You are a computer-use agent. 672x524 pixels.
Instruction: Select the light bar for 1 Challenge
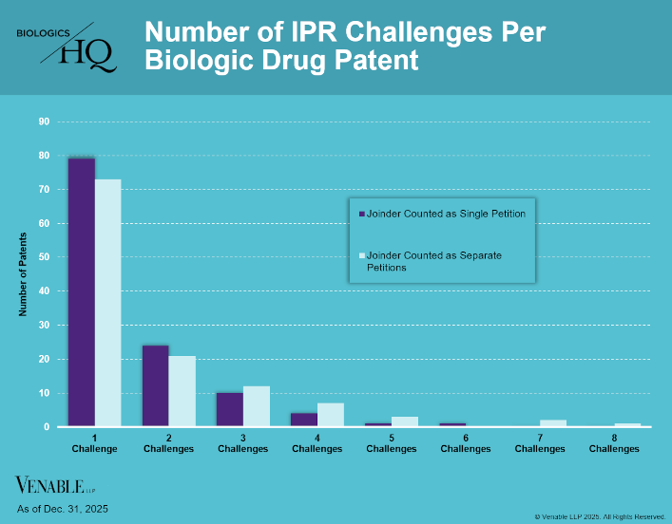pyautogui.click(x=107, y=303)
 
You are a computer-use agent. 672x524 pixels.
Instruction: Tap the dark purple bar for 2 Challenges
pyautogui.click(x=155, y=386)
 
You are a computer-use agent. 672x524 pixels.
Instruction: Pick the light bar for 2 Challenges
pyautogui.click(x=182, y=391)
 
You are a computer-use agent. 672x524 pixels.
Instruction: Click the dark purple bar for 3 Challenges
pyautogui.click(x=229, y=410)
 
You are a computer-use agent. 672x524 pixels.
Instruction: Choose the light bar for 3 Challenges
pyautogui.click(x=256, y=406)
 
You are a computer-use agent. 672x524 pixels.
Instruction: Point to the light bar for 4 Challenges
pyautogui.click(x=330, y=415)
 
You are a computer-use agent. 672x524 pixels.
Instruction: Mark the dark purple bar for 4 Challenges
pyautogui.click(x=303, y=420)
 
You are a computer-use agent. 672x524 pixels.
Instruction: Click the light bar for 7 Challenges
pyautogui.click(x=552, y=423)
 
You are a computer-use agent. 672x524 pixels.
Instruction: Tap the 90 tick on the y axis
pyautogui.click(x=44, y=122)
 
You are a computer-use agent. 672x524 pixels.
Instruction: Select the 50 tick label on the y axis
pyautogui.click(x=44, y=257)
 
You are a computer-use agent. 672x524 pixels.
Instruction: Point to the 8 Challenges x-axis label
pyautogui.click(x=613, y=444)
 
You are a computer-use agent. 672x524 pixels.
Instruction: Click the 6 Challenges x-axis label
pyautogui.click(x=465, y=444)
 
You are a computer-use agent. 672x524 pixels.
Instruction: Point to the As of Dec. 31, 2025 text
pyautogui.click(x=63, y=510)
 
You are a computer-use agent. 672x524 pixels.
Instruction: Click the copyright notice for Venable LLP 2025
pyautogui.click(x=600, y=516)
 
